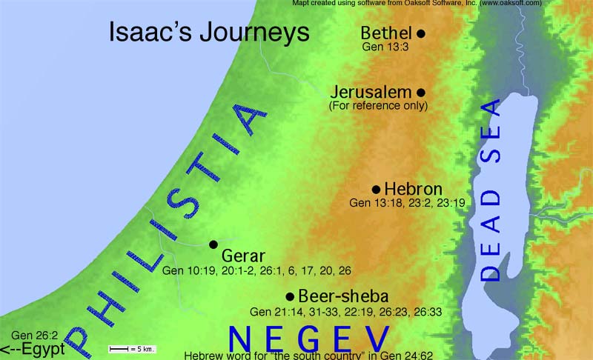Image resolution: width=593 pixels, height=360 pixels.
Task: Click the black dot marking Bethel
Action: [421, 33]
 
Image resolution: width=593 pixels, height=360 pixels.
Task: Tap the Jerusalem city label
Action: [371, 93]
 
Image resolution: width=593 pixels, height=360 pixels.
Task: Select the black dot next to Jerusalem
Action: [421, 93]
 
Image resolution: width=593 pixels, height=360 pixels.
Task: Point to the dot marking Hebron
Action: [376, 189]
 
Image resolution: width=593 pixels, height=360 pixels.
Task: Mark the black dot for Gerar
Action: [213, 244]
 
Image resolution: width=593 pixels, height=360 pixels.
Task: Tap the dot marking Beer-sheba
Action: [290, 295]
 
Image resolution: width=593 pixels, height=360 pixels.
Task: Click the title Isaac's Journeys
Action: [209, 33]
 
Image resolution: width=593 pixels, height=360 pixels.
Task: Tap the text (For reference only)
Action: [378, 106]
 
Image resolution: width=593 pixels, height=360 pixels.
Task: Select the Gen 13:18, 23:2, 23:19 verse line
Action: [408, 202]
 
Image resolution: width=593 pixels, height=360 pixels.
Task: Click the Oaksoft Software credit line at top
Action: [415, 4]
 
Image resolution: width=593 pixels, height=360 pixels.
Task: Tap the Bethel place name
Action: [385, 33]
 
